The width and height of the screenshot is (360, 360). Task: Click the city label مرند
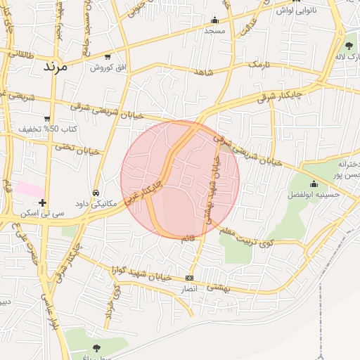coord(54,67)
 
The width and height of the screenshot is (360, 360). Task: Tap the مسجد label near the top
coord(214,31)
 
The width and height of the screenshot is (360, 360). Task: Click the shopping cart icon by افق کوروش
coord(107,57)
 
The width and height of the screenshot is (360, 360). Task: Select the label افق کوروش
coord(107,67)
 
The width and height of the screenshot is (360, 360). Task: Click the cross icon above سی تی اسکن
coord(43,202)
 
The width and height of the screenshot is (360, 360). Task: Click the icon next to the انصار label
coord(189,278)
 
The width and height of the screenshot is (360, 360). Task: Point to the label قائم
coord(188,239)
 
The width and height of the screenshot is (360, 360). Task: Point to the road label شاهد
coord(201,72)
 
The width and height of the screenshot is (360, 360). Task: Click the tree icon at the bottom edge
coord(96,348)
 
